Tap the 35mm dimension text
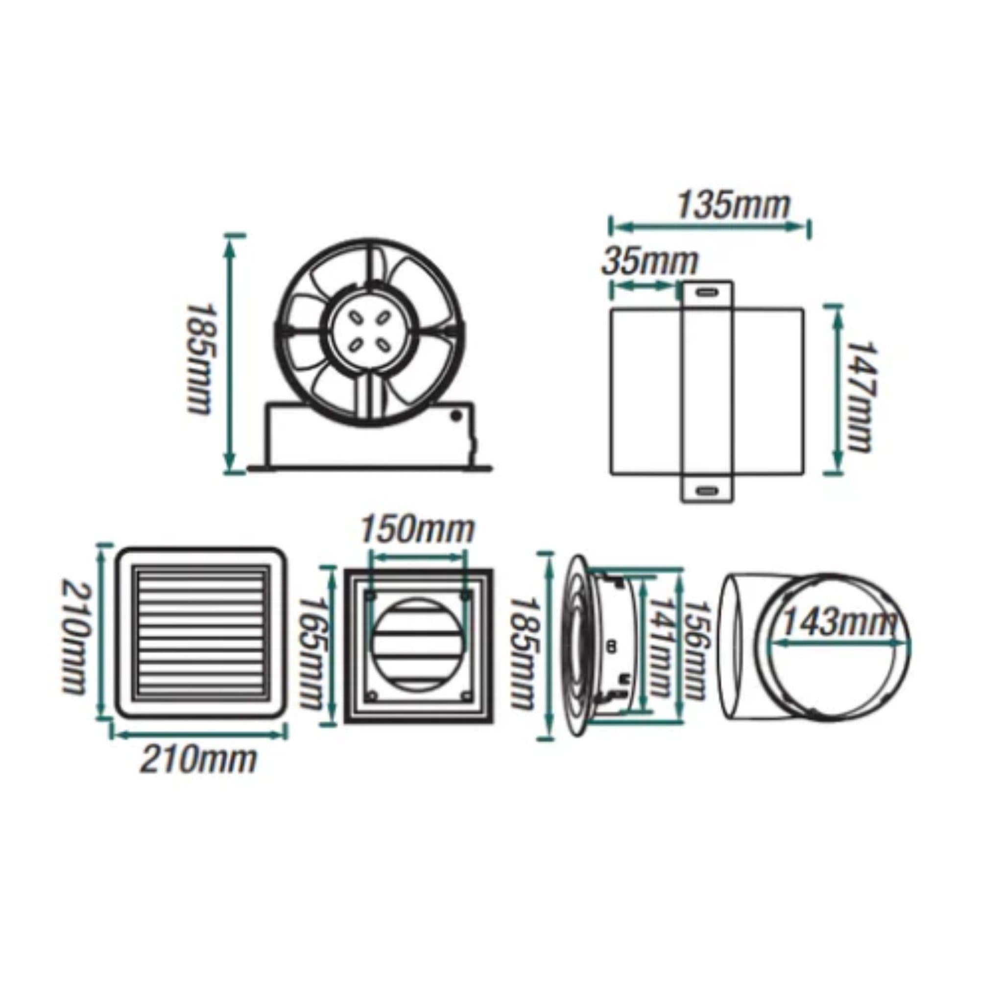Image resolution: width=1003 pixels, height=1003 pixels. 649,262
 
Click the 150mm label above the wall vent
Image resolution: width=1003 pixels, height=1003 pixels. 417,529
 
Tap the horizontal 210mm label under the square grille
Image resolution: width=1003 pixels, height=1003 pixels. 198,760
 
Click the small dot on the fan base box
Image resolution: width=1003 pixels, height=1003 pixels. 456,415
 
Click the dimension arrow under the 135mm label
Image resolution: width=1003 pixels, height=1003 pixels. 710,226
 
